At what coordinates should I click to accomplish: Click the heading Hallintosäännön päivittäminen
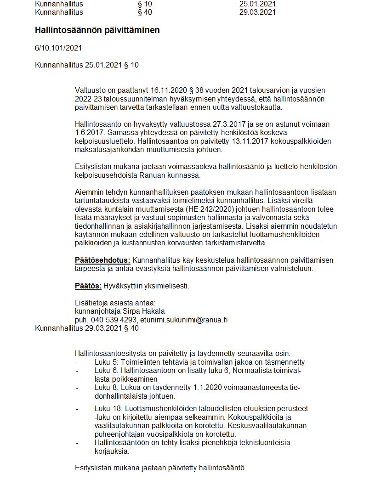(x=97, y=30)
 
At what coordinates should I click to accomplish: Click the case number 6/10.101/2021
(x=58, y=48)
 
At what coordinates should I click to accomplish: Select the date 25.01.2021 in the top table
(x=257, y=4)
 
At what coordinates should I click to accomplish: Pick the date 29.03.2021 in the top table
(x=257, y=12)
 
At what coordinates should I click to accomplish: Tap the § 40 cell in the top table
(x=145, y=12)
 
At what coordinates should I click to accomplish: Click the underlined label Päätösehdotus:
(x=102, y=260)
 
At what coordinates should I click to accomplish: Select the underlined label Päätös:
(x=88, y=286)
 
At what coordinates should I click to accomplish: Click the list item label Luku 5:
(x=106, y=362)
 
